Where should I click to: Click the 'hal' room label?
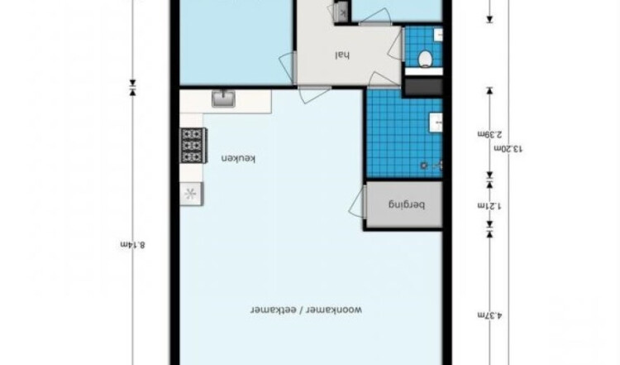(342, 55)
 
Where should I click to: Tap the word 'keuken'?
(238, 159)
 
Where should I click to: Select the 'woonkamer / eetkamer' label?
(306, 310)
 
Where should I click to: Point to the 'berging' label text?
(407, 204)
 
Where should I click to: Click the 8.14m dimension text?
(133, 244)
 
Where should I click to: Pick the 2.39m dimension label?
(489, 134)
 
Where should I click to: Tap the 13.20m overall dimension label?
(508, 148)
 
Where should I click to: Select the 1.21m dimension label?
(489, 205)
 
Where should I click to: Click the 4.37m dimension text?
(489, 315)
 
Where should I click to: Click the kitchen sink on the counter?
(223, 98)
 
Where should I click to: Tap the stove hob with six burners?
(193, 146)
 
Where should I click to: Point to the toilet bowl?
(425, 59)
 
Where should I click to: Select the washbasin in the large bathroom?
(436, 122)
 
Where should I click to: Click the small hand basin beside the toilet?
(438, 35)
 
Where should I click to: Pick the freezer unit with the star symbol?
(192, 194)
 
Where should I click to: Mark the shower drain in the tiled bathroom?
(424, 165)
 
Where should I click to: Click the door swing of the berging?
(357, 202)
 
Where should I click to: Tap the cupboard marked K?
(342, 12)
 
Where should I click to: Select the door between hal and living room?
(313, 94)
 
